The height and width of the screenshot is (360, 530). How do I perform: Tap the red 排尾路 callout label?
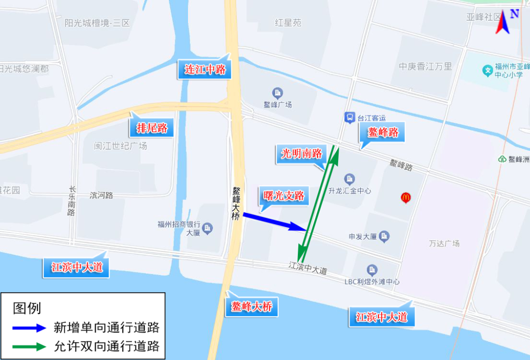(x=152, y=129)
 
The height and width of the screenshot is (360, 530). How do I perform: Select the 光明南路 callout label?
(x=301, y=154)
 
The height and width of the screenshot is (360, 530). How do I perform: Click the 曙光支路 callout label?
(x=284, y=196)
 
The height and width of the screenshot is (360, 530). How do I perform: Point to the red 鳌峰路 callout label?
(x=383, y=132)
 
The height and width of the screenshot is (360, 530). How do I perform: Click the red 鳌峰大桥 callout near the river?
(x=251, y=307)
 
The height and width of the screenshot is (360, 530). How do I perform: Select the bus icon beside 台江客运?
(x=349, y=117)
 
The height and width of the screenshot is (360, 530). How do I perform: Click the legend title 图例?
(x=27, y=308)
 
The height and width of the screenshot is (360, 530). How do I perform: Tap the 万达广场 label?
(x=444, y=243)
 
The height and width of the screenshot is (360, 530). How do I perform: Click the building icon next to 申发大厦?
(x=385, y=236)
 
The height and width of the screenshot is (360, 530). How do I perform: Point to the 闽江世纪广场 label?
(x=120, y=146)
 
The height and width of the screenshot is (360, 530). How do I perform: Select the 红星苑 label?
(x=288, y=23)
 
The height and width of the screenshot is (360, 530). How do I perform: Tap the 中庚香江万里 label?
(x=425, y=66)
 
